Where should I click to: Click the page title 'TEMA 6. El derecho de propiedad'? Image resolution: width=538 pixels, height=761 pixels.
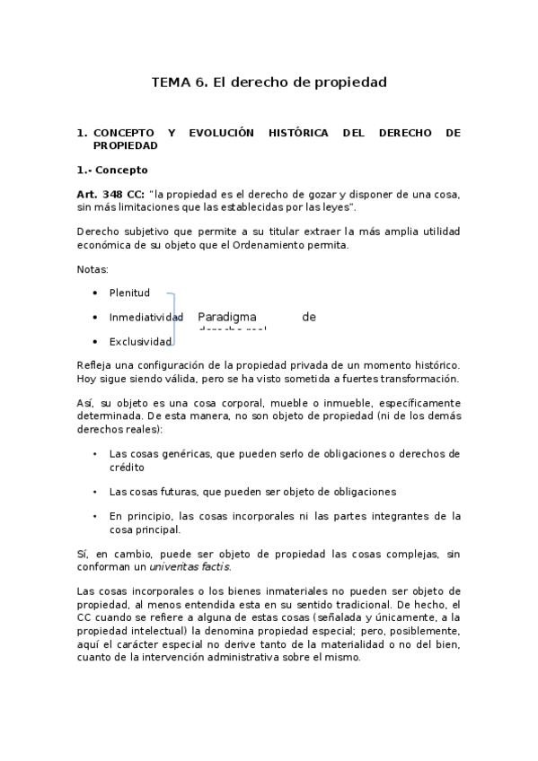click(269, 83)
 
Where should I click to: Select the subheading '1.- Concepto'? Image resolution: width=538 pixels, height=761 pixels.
click(112, 169)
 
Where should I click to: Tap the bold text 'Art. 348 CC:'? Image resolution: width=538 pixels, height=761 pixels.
click(110, 195)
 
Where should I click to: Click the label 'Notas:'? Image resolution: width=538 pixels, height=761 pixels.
click(93, 268)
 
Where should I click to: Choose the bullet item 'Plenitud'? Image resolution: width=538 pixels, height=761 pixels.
click(129, 293)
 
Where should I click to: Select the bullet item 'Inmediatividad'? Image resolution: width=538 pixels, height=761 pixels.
click(146, 317)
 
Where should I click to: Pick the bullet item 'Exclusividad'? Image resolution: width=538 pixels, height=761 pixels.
click(140, 342)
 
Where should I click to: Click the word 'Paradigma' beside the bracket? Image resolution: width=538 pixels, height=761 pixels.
click(227, 317)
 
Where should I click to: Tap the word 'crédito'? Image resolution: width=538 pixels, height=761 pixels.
click(127, 467)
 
